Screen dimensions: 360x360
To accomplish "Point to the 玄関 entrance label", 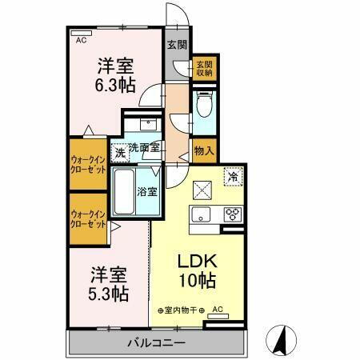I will pyautogui.click(x=176, y=45).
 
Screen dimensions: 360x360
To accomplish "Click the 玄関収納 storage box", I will pyautogui.click(x=204, y=68).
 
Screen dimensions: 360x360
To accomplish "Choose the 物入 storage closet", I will pyautogui.click(x=204, y=150).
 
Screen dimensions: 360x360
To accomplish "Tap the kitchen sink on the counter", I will pyautogui.click(x=201, y=214).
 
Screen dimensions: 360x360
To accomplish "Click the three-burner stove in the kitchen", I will pyautogui.click(x=232, y=214).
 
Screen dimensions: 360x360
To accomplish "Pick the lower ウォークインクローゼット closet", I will pyautogui.click(x=88, y=218).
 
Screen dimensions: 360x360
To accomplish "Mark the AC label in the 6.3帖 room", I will pyautogui.click(x=80, y=38).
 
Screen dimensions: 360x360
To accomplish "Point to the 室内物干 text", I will pyautogui.click(x=180, y=310).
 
